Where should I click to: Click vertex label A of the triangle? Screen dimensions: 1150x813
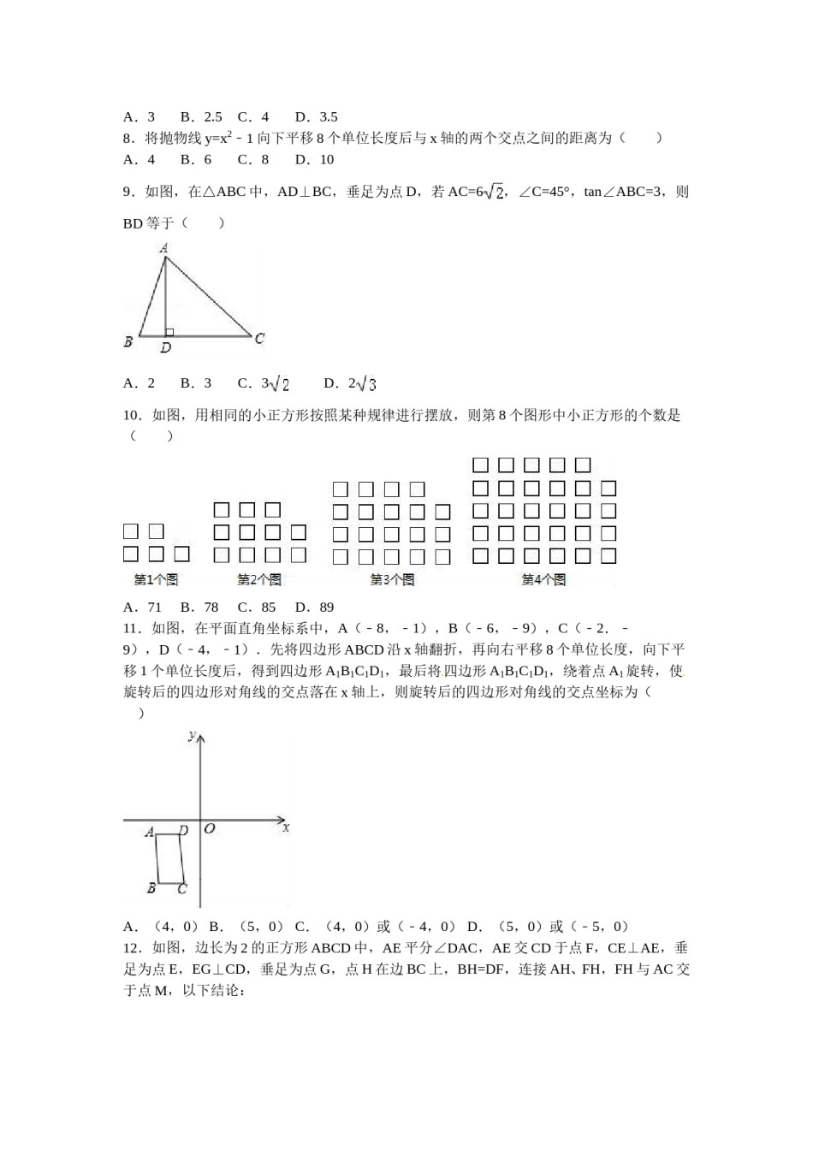[164, 248]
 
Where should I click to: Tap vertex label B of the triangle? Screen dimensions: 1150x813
[128, 342]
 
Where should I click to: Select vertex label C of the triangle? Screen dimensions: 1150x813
[259, 339]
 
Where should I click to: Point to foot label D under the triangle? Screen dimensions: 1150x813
[166, 348]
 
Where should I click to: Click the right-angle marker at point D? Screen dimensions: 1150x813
[169, 332]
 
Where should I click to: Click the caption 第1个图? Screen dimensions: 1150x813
[156, 579]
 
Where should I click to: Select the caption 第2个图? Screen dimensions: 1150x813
[259, 579]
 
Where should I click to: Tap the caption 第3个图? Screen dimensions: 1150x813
[392, 579]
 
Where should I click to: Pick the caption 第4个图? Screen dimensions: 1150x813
[543, 579]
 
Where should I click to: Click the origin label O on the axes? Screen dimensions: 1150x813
[210, 829]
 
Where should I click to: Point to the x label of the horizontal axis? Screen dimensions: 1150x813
[286, 828]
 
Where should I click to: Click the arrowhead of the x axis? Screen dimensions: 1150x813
[282, 821]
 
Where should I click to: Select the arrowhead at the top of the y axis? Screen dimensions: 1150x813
[200, 738]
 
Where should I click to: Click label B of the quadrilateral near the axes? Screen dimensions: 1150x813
[151, 888]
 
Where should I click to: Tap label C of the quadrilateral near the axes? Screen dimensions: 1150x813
[182, 889]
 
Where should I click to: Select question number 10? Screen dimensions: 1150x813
[131, 416]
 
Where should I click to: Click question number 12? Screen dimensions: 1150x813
[131, 948]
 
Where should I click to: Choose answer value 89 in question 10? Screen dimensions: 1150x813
[325, 608]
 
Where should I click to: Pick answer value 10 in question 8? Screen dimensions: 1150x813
[327, 159]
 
